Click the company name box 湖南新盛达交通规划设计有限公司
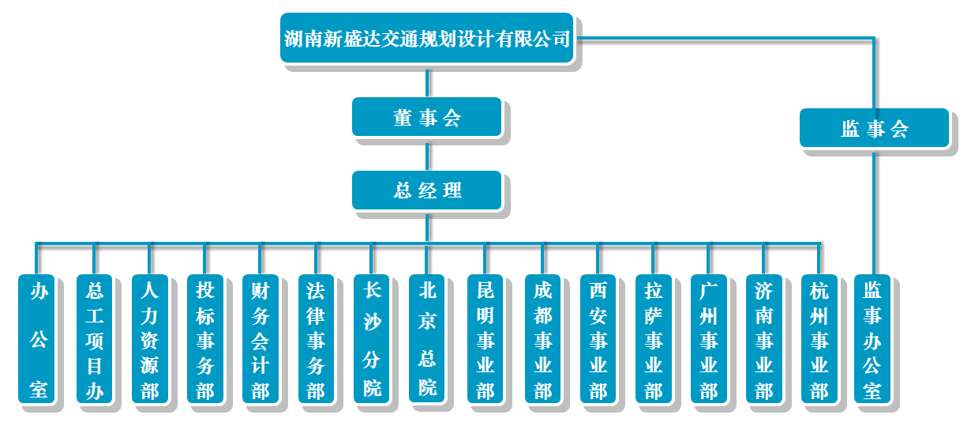point(426,38)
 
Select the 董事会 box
point(426,117)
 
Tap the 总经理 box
point(426,190)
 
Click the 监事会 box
point(874,128)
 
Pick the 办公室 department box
point(38,339)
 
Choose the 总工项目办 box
point(94,339)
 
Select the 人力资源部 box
point(149,339)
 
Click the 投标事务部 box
point(205,339)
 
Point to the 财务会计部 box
point(261,339)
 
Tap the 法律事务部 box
point(316,339)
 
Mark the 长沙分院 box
point(372,339)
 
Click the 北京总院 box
point(427,339)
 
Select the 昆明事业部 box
point(485,339)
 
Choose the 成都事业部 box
point(542,339)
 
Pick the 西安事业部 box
point(598,339)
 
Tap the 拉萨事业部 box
point(653,339)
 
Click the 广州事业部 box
point(708,339)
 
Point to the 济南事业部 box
point(763,339)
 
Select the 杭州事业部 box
point(819,339)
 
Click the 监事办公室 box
point(872,339)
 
